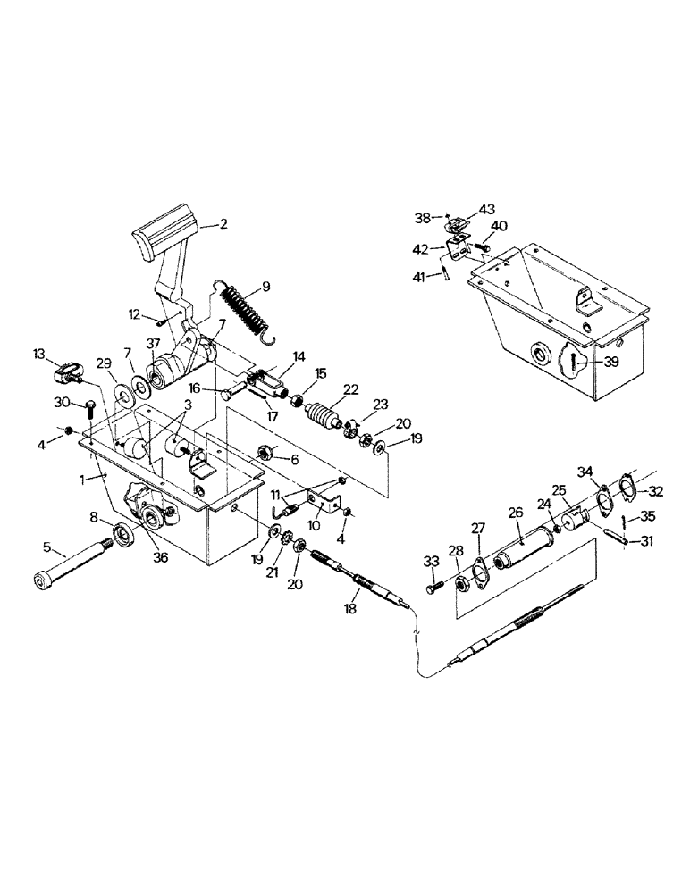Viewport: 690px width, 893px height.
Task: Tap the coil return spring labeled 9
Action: (242, 309)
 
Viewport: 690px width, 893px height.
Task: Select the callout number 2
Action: (223, 225)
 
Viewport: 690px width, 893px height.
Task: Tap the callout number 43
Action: (486, 209)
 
